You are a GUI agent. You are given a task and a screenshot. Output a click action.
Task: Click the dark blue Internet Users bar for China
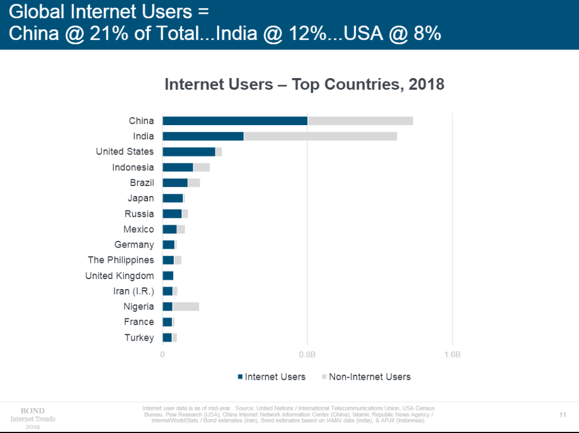(x=235, y=121)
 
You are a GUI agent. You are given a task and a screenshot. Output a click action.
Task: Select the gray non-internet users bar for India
(x=320, y=136)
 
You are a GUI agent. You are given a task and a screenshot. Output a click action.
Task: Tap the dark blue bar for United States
(x=189, y=152)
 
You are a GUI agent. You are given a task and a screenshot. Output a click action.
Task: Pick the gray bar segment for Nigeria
(x=185, y=307)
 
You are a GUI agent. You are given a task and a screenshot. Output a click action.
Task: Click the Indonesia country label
(x=133, y=167)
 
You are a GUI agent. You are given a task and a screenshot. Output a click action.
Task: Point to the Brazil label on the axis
(x=142, y=183)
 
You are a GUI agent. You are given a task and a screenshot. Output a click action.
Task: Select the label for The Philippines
(x=121, y=260)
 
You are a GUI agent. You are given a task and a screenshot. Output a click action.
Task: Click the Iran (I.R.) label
(x=133, y=291)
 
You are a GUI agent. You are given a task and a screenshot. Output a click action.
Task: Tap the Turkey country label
(x=139, y=338)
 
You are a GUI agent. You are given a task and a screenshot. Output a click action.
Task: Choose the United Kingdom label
(x=120, y=276)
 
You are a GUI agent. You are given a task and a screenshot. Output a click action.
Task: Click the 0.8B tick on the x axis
(x=307, y=355)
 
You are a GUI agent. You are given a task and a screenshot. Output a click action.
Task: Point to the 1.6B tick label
(x=452, y=355)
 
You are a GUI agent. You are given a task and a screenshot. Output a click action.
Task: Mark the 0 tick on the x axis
(x=163, y=355)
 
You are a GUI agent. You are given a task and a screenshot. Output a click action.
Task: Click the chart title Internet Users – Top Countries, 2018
(x=304, y=85)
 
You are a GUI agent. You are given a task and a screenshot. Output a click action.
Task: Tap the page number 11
(x=562, y=415)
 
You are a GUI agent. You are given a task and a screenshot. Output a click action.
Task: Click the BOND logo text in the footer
(x=33, y=411)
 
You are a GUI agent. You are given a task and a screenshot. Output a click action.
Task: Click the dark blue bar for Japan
(x=173, y=198)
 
